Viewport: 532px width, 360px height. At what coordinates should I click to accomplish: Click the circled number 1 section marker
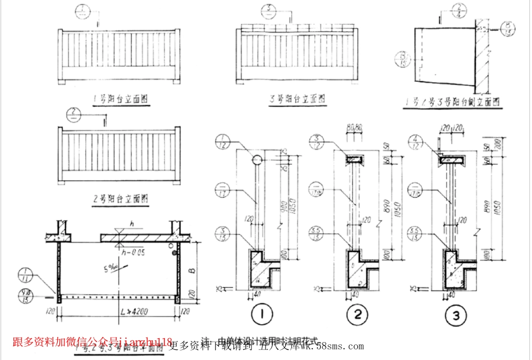[260, 316]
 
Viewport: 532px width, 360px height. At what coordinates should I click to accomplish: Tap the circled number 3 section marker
[458, 316]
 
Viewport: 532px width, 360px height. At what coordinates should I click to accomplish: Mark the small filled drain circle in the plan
[175, 254]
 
